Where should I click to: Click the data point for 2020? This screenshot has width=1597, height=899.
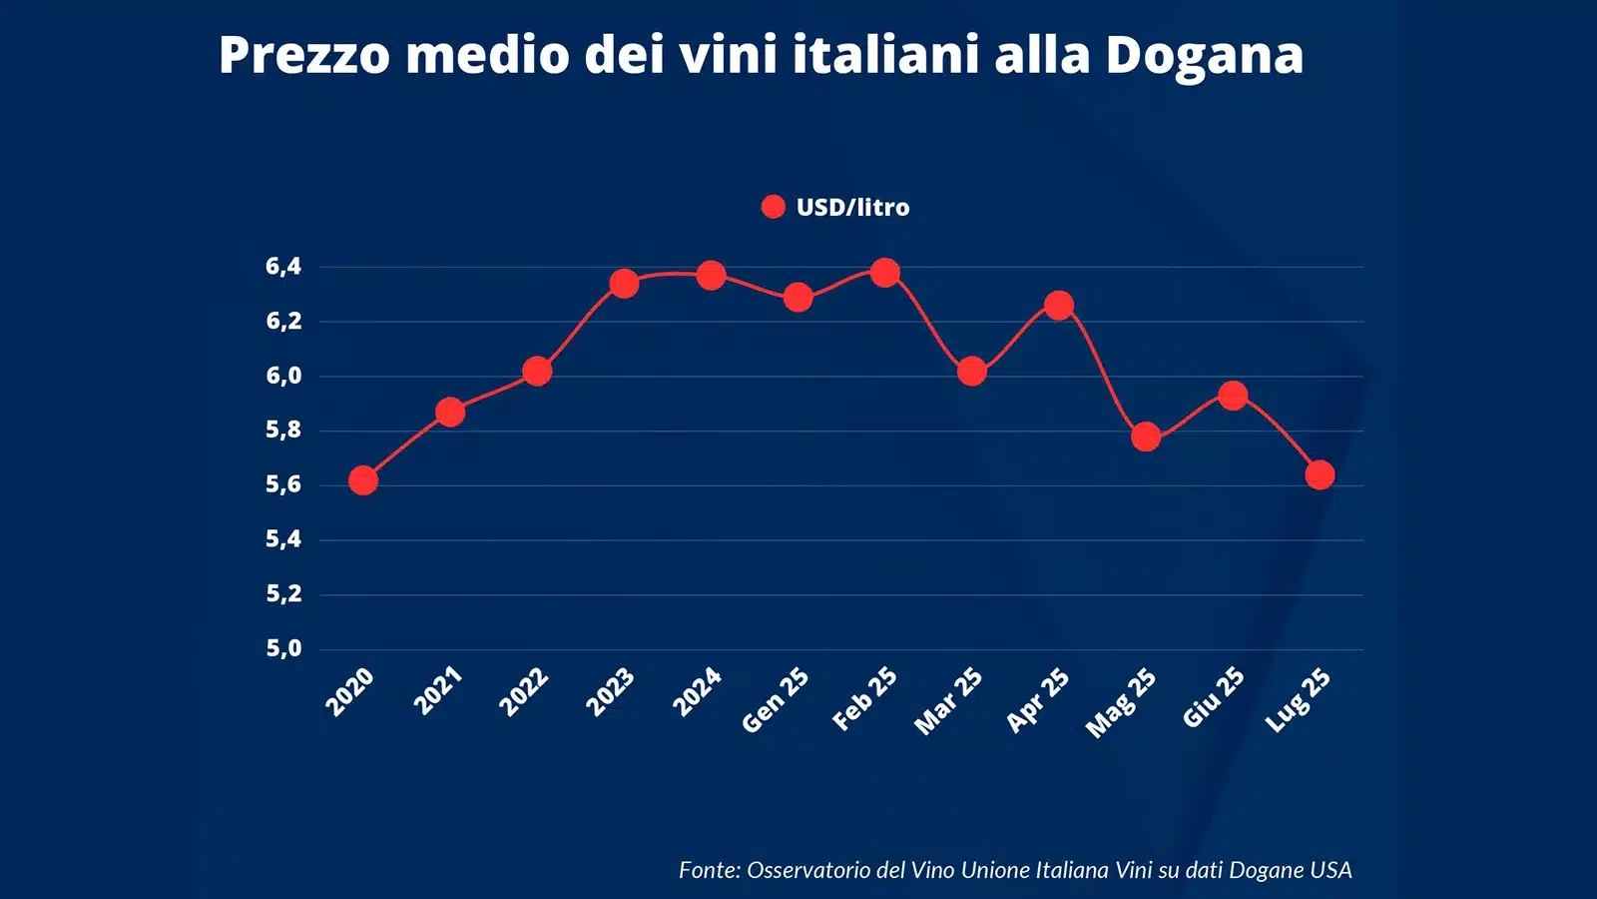[x=363, y=480]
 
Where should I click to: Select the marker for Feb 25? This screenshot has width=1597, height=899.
[x=884, y=273]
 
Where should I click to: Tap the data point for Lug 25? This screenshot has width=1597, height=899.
[x=1320, y=474]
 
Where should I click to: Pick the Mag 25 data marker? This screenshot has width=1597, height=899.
[x=1146, y=437]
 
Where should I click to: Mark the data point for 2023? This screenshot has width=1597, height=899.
[x=624, y=284]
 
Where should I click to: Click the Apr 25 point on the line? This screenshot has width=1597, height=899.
[x=1059, y=305]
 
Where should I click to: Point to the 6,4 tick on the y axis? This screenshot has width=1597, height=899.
[x=283, y=267]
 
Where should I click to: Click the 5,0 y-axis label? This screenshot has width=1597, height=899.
[x=283, y=649]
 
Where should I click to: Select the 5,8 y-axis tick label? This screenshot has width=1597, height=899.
[x=283, y=431]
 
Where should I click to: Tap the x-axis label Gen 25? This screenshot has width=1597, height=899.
[x=776, y=700]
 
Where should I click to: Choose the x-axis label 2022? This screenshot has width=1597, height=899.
[x=524, y=692]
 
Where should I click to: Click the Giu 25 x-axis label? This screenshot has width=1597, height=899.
[x=1214, y=697]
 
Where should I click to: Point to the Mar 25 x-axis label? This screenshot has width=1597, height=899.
[x=948, y=702]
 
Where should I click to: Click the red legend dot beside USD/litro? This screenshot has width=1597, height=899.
[x=773, y=207]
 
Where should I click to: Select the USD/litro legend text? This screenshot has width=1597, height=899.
[x=853, y=208]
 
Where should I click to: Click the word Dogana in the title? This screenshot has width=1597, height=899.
[x=1204, y=54]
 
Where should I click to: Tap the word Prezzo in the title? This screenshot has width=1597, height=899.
[x=303, y=54]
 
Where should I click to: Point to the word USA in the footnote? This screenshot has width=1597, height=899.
[x=1331, y=870]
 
